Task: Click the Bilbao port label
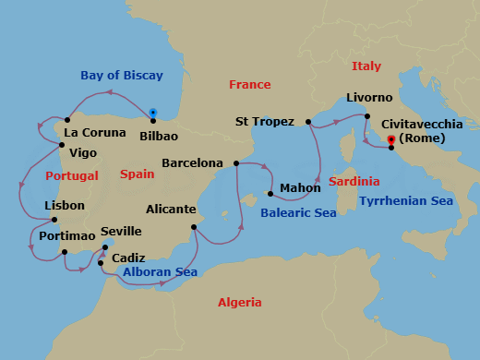tap(158, 136)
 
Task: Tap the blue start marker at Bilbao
tap(152, 114)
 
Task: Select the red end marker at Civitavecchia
tap(392, 140)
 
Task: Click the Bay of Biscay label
tap(121, 76)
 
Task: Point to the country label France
tap(250, 85)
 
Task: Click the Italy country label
tap(366, 66)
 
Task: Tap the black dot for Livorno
tap(367, 116)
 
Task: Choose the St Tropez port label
tap(265, 121)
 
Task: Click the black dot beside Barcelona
tap(237, 163)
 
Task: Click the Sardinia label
tap(354, 182)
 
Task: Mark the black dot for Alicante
tap(194, 227)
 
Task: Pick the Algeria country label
tap(240, 302)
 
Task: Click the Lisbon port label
tap(65, 206)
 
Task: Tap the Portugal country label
tap(72, 175)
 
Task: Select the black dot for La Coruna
tap(67, 120)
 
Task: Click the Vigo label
tap(84, 152)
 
